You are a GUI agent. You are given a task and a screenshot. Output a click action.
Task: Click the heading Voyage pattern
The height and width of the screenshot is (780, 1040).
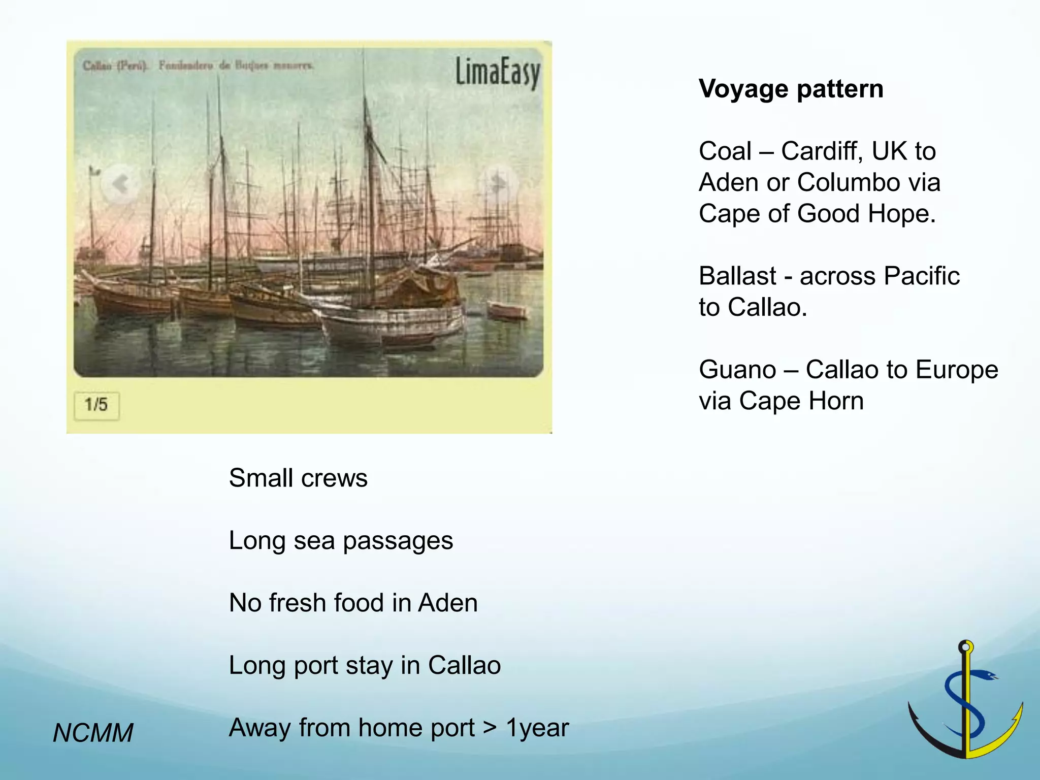[791, 89]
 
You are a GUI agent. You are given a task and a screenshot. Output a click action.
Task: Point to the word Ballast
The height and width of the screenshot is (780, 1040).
[737, 276]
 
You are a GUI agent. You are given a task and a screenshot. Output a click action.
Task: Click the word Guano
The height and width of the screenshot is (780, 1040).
[737, 370]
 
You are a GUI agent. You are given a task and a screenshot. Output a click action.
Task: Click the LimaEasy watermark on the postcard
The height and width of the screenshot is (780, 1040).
[497, 73]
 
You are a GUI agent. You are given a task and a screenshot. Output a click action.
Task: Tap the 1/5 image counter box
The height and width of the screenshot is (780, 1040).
[96, 405]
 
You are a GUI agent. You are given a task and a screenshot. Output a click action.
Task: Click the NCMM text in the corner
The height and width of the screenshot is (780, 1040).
[93, 733]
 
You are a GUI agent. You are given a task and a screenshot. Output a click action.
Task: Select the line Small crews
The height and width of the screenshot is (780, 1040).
[298, 478]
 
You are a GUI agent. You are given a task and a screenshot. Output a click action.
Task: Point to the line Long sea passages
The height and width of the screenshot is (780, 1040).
[341, 541]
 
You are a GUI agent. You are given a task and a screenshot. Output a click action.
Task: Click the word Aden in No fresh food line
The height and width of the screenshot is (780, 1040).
[447, 603]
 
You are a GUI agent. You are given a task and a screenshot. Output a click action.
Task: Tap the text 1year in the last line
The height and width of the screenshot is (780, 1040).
[537, 728]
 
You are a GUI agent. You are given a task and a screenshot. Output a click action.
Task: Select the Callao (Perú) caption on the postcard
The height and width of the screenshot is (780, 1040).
[115, 66]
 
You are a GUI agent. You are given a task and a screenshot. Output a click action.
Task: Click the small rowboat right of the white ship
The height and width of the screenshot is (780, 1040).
[507, 310]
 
